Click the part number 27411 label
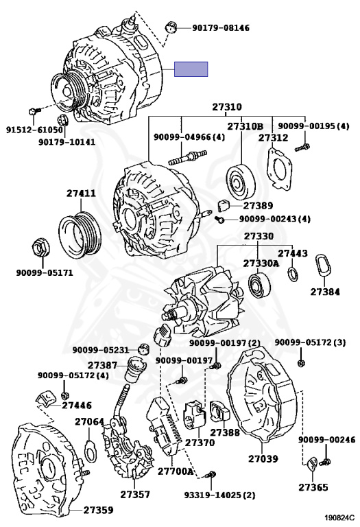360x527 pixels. coord(81,194)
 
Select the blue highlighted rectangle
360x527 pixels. coord(191,69)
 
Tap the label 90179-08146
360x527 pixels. coord(221,27)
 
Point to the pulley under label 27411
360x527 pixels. coord(80,235)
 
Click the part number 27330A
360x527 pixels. coord(261,263)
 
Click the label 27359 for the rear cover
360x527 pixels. coord(98,510)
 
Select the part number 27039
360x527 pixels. coord(263,458)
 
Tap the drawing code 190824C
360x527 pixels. coord(339,517)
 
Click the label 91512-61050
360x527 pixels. coord(34,130)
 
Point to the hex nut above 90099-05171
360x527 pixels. coord(40,248)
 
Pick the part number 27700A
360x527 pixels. coord(176,471)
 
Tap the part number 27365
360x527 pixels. coord(313,487)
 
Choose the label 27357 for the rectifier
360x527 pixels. coord(135,494)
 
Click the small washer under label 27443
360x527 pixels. coord(293,274)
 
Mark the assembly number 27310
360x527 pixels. coord(227,107)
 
